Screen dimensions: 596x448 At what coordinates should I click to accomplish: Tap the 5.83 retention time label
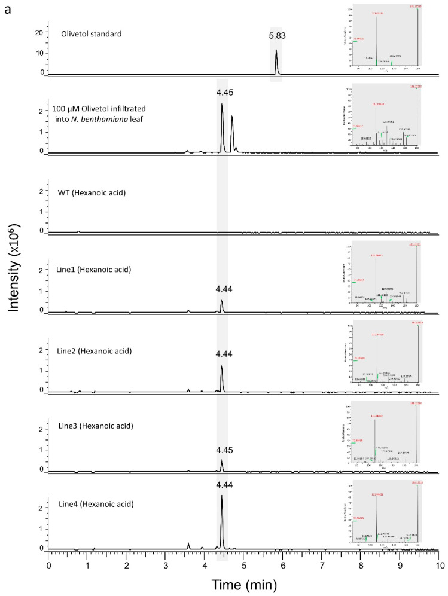coord(276,36)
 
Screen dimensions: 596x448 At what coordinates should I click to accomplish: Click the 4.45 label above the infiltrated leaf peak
coord(222,92)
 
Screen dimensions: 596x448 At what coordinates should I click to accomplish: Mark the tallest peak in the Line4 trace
coord(222,496)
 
